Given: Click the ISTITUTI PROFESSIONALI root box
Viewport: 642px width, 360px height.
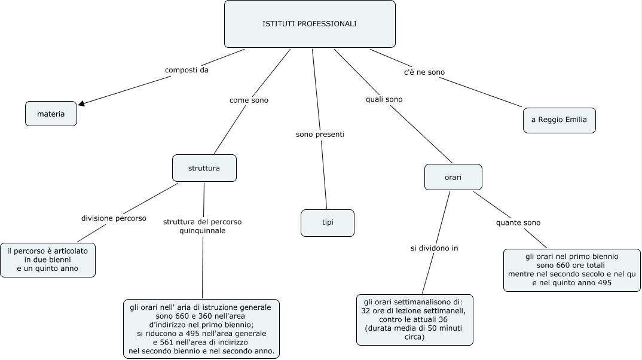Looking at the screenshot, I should tap(309, 24).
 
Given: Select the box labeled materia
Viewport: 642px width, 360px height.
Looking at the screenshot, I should tap(51, 114).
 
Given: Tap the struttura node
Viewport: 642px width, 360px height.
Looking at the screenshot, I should tap(204, 168).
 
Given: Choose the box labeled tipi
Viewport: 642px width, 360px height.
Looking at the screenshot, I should tap(328, 222).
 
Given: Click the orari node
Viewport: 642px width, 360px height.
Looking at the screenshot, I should tap(453, 178).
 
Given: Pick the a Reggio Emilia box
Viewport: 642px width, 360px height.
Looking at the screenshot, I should tap(559, 120).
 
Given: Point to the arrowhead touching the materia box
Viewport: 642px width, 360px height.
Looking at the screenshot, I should tap(82, 103).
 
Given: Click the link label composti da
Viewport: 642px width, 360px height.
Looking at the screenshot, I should tap(187, 71).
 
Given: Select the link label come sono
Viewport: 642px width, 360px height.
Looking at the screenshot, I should tap(249, 100).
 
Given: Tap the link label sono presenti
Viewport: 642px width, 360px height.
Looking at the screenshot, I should tap(320, 135).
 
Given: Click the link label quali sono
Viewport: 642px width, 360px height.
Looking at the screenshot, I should tap(384, 99).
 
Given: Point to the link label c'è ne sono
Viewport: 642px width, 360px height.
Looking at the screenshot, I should tap(424, 72).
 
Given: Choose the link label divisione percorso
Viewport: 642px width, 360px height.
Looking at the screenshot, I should tap(114, 218).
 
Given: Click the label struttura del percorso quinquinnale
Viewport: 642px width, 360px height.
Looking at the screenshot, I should tap(202, 226).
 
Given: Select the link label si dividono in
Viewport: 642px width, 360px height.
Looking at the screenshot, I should tap(434, 248).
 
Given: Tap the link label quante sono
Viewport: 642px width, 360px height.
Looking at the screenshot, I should tap(518, 222).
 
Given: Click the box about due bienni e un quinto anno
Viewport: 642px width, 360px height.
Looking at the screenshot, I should tap(48, 260).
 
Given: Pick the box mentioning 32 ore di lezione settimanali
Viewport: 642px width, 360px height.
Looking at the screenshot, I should tap(414, 319).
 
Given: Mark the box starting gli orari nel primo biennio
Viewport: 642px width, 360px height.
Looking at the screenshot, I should tap(571, 270).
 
